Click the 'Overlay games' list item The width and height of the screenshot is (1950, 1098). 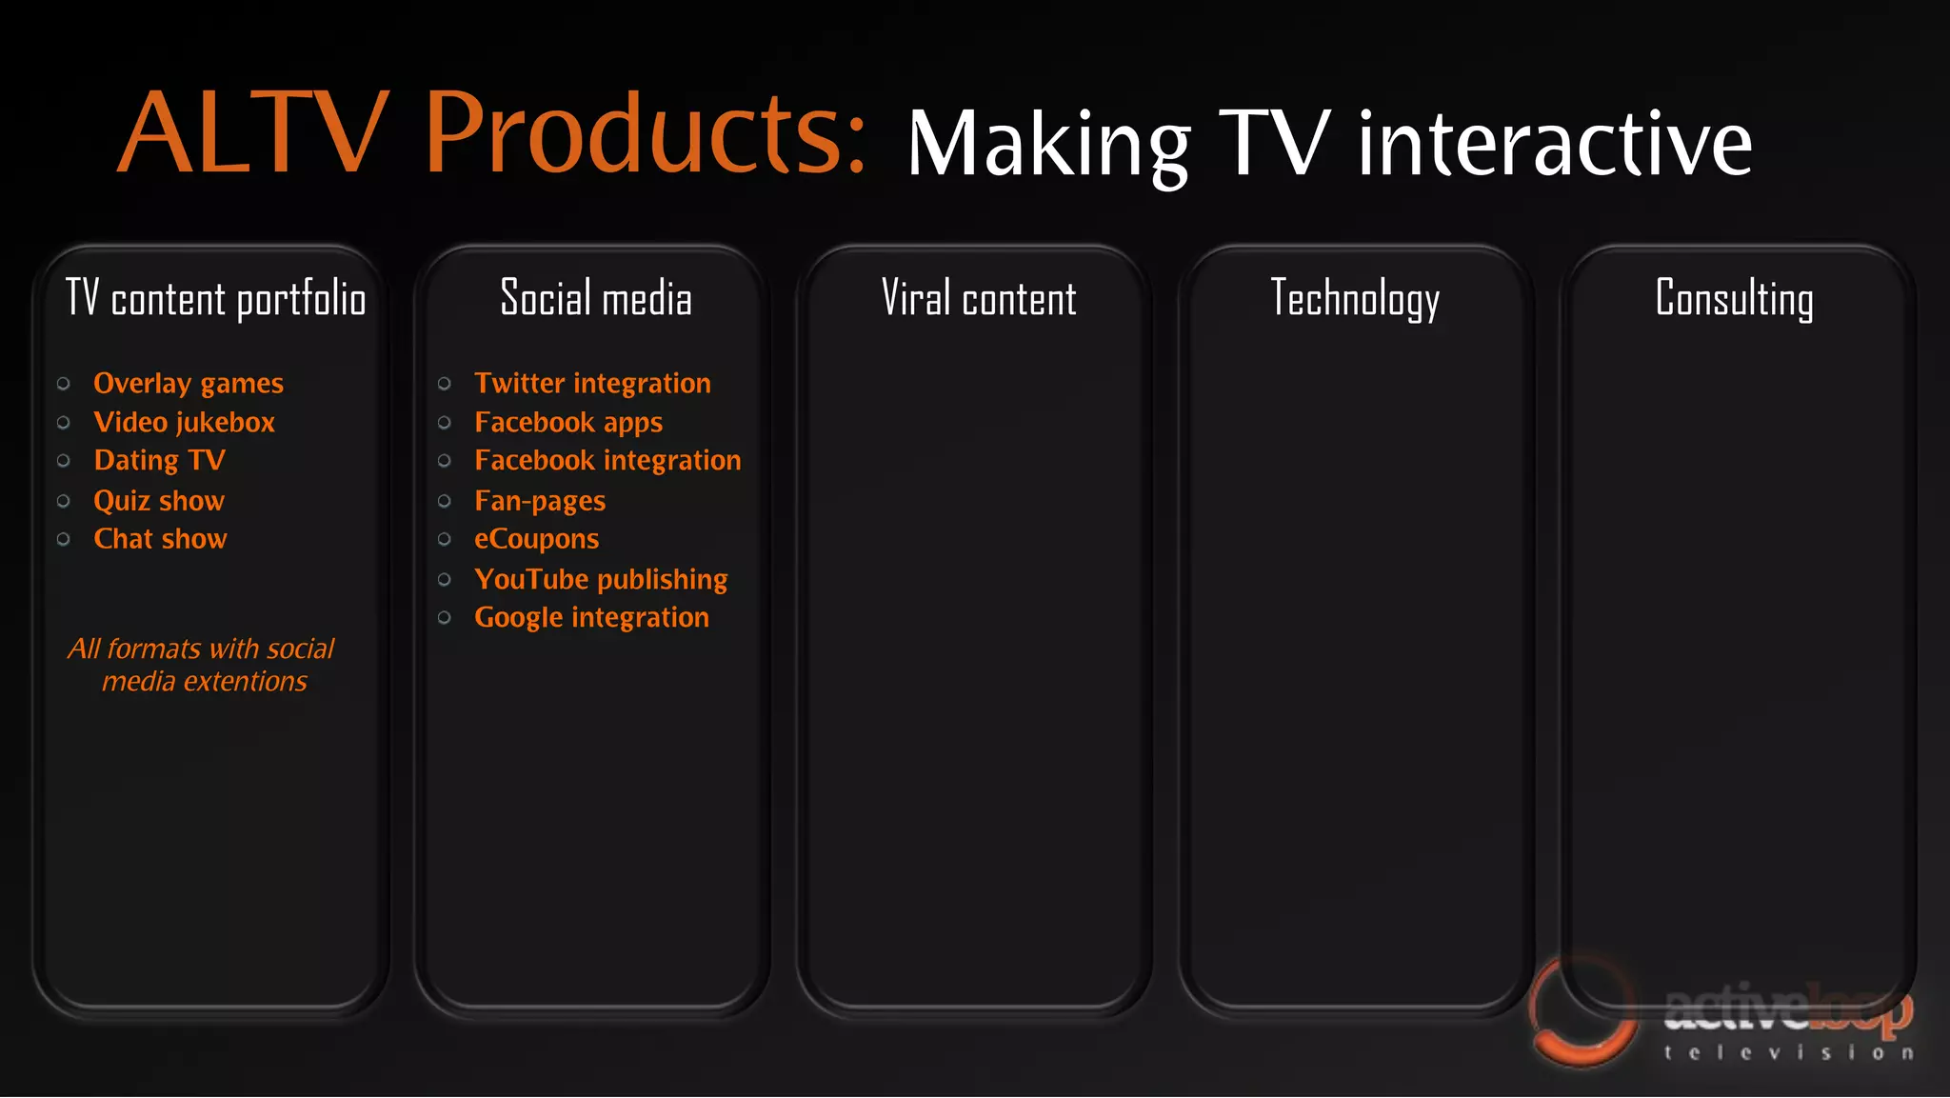point(188,384)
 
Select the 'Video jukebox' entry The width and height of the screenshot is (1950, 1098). point(184,423)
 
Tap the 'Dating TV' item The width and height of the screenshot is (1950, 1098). point(159,461)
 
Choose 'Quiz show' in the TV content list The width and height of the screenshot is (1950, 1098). point(158,501)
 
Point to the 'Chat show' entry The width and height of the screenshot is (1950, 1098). point(160,539)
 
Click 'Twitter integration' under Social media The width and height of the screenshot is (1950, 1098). point(592,384)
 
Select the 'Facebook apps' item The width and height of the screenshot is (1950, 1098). point(568,423)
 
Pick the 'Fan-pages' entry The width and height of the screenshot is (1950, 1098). point(540,501)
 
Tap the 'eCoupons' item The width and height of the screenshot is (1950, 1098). point(536,539)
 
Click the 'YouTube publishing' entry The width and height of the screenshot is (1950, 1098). point(601,579)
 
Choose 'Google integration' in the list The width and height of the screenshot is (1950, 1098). point(591,618)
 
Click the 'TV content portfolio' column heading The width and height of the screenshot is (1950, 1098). point(215,299)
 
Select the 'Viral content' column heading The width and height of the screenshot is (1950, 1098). point(978,299)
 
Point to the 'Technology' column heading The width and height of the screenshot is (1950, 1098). point(1354,299)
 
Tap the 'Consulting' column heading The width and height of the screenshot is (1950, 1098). point(1734,299)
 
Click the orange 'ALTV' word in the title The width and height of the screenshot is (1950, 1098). point(253,133)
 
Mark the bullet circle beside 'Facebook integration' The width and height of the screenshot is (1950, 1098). point(445,461)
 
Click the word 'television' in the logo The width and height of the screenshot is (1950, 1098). point(1788,1053)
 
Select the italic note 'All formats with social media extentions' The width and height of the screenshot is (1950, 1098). point(202,665)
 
